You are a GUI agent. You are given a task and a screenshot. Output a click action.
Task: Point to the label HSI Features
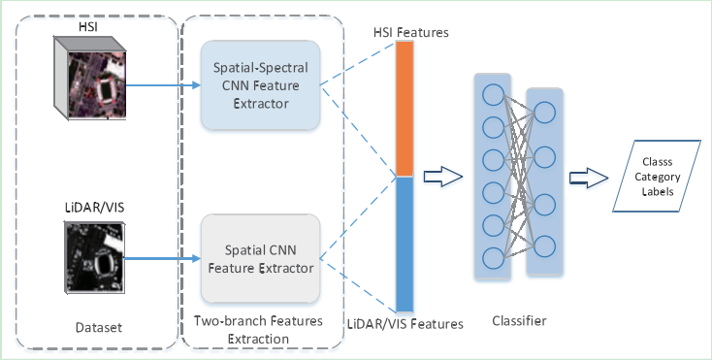pos(410,33)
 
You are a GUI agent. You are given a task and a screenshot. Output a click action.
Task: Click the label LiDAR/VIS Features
pos(406,323)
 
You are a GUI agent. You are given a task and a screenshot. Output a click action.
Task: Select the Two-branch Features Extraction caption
pos(253,330)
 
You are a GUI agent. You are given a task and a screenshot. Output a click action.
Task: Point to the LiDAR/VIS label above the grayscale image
pos(96,208)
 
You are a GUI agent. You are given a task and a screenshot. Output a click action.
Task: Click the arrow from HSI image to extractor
pos(166,84)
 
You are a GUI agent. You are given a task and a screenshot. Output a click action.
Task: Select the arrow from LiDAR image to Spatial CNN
pos(166,258)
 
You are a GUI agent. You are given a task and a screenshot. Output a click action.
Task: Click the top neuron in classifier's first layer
pos(493,96)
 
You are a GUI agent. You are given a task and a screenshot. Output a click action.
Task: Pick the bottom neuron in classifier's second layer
pos(544,245)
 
